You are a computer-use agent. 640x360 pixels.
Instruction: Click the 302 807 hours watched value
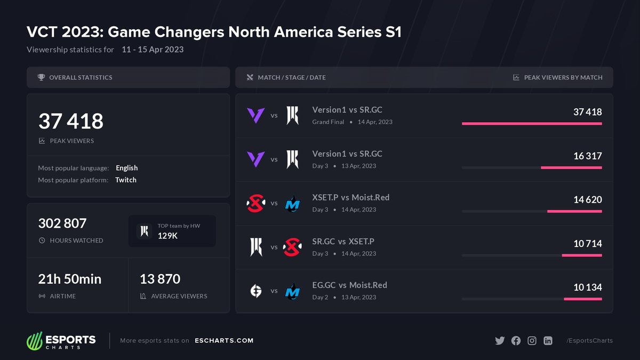(x=62, y=223)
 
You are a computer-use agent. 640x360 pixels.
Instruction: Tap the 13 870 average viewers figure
(x=160, y=279)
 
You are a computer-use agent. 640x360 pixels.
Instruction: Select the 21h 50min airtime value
(x=70, y=279)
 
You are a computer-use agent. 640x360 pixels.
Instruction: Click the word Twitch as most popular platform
(x=126, y=180)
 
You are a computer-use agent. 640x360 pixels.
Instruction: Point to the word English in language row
(x=127, y=168)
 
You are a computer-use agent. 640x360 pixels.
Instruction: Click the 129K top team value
(x=167, y=236)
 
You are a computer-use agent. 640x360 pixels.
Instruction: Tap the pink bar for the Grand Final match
(x=532, y=124)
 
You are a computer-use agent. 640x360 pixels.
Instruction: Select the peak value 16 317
(x=588, y=156)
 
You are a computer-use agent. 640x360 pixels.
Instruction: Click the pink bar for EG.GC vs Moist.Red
(x=582, y=299)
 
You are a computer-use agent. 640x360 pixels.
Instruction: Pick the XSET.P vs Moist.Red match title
(x=350, y=198)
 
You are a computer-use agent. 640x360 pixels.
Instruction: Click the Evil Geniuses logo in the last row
(x=255, y=291)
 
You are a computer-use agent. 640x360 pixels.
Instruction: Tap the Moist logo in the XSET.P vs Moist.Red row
(x=292, y=203)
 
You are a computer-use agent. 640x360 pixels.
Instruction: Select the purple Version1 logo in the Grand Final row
(x=255, y=115)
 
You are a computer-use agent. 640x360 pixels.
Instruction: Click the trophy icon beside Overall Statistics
(x=41, y=77)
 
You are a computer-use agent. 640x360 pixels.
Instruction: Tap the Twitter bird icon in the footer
(x=499, y=341)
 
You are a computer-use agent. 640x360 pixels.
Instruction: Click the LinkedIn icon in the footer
(x=548, y=341)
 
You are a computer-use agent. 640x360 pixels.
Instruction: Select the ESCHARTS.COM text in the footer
(x=224, y=341)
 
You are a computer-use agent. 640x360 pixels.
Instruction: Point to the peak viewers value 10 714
(x=588, y=244)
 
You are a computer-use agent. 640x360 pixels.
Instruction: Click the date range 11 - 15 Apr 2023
(x=153, y=50)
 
